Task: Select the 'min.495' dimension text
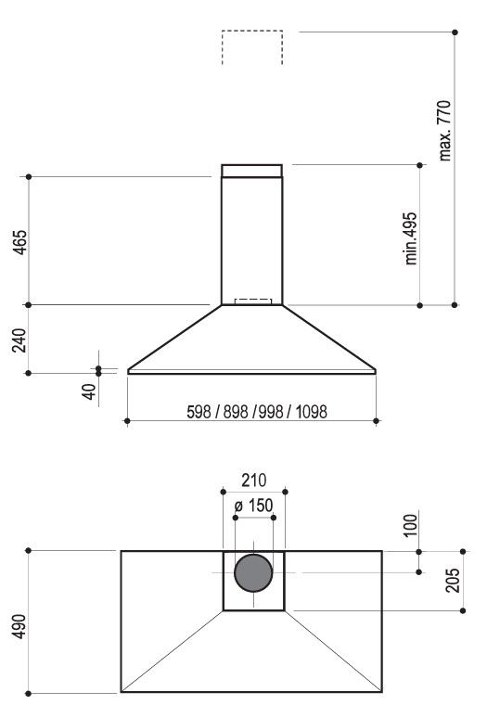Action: pyautogui.click(x=411, y=238)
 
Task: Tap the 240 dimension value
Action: pyautogui.click(x=19, y=340)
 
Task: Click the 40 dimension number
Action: pyautogui.click(x=89, y=390)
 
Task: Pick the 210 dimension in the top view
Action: pyautogui.click(x=253, y=481)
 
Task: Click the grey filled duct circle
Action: pyautogui.click(x=253, y=574)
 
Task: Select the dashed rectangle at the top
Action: pyautogui.click(x=252, y=47)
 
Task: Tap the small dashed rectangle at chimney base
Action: pyautogui.click(x=254, y=301)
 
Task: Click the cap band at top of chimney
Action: pyautogui.click(x=251, y=171)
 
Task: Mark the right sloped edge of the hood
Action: pyautogui.click(x=329, y=339)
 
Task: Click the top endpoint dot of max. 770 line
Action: pyautogui.click(x=455, y=32)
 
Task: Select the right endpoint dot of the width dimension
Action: pyautogui.click(x=376, y=421)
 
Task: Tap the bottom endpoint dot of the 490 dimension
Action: pyautogui.click(x=30, y=692)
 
